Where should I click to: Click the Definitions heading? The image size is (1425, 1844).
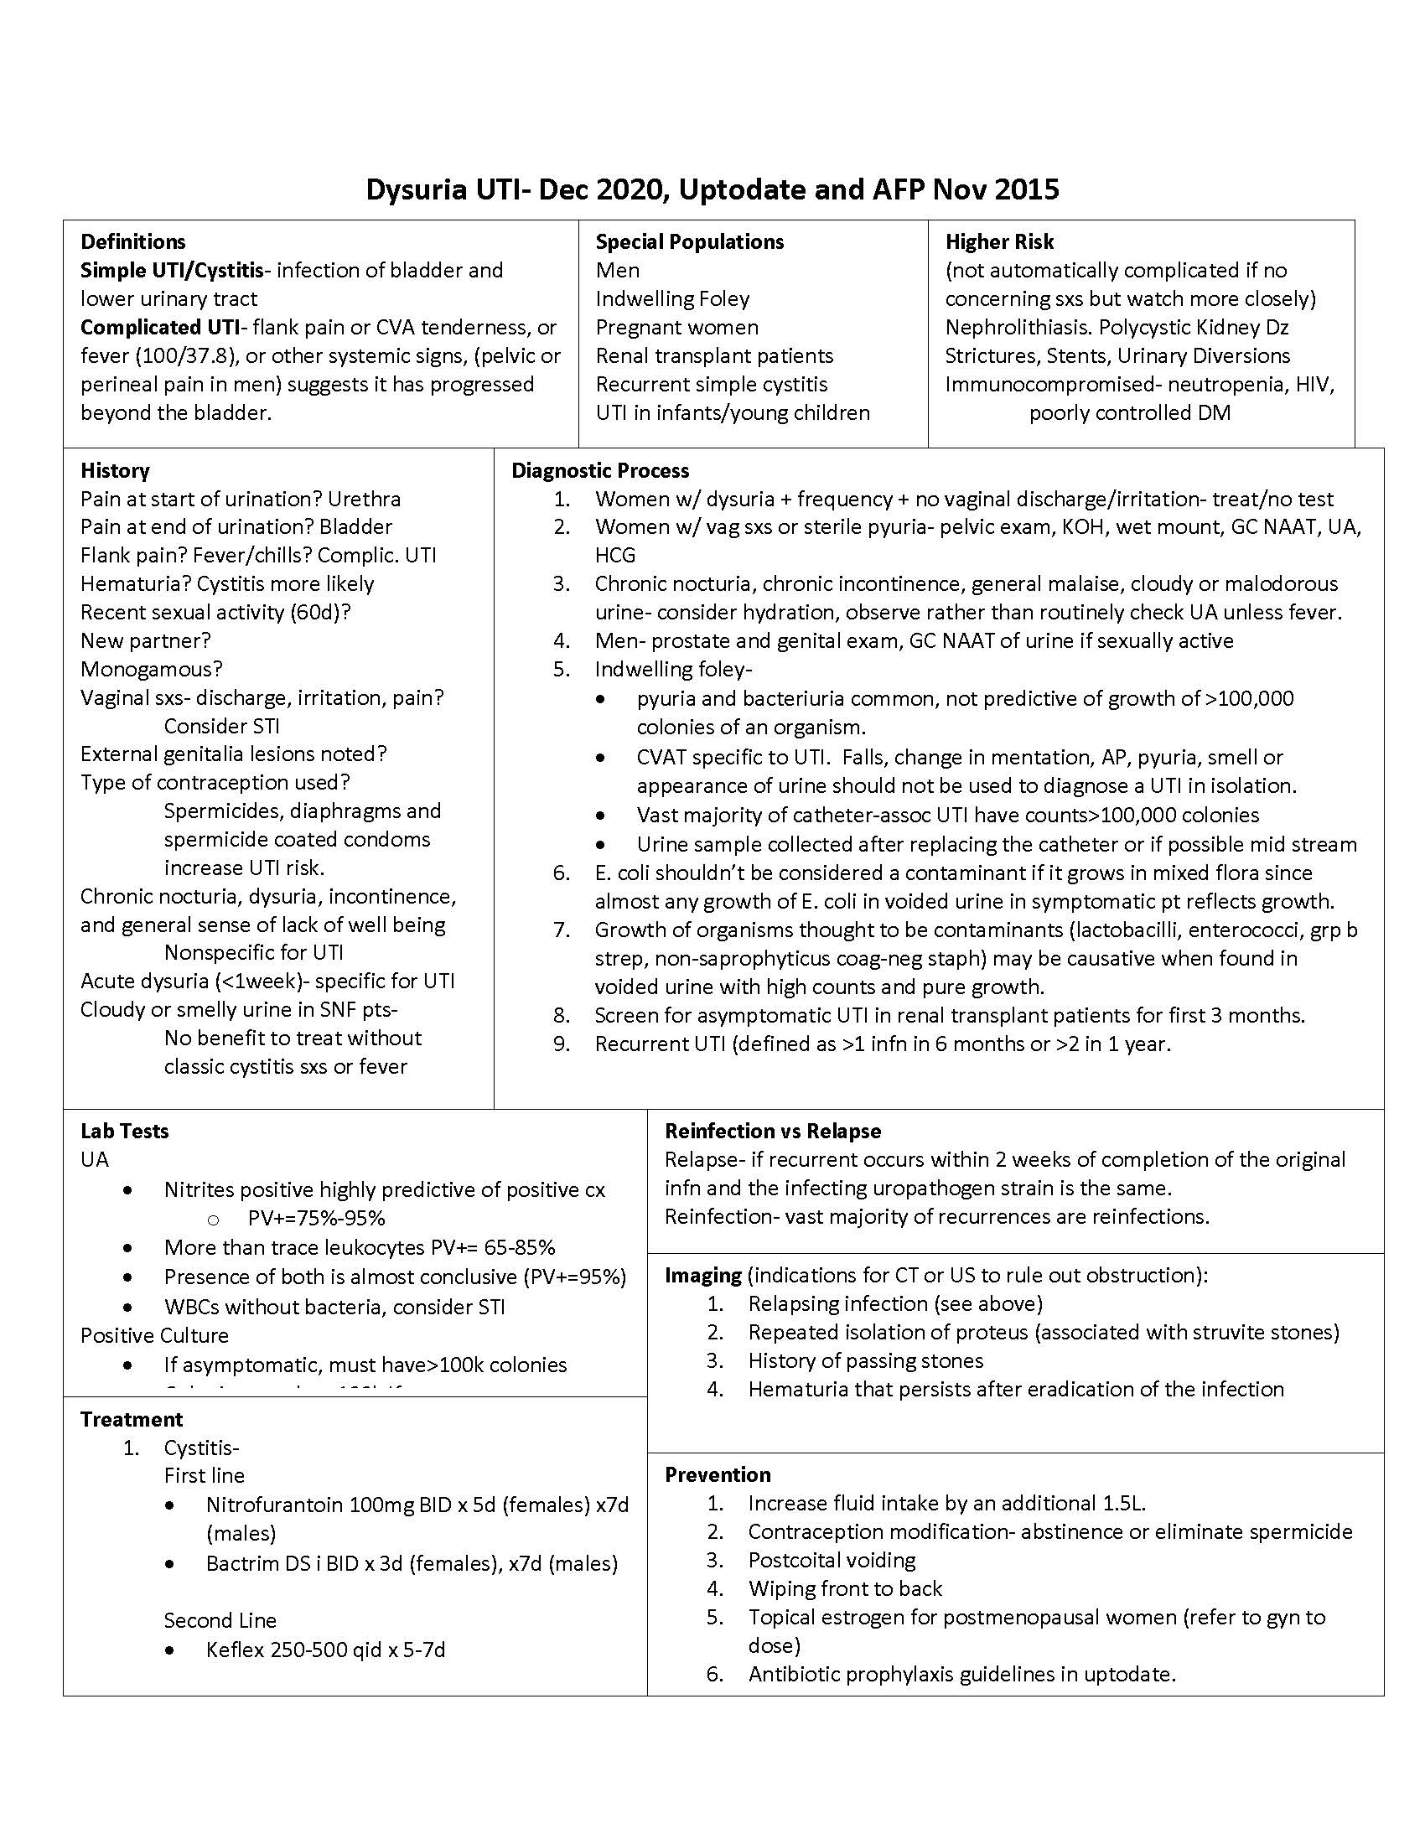132,241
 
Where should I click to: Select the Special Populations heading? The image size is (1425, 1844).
689,241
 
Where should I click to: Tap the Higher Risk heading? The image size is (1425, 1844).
998,241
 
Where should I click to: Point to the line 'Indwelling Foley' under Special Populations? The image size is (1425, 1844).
672,299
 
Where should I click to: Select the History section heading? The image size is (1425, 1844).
115,470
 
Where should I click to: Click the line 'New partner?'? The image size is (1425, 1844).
145,640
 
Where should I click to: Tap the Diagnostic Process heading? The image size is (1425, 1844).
599,470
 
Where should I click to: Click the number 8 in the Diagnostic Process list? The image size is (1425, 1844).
562,1015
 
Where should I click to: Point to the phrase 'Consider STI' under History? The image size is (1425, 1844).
221,726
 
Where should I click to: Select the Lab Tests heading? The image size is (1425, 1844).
124,1131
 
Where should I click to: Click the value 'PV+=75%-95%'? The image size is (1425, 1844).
317,1218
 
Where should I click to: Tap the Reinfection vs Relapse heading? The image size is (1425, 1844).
773,1131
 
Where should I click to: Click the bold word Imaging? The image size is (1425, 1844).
702,1275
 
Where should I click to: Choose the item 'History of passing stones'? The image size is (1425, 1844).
865,1360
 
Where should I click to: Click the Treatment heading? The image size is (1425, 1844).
131,1419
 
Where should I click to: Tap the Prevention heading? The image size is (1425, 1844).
718,1474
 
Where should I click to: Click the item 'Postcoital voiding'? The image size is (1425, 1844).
831,1560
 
